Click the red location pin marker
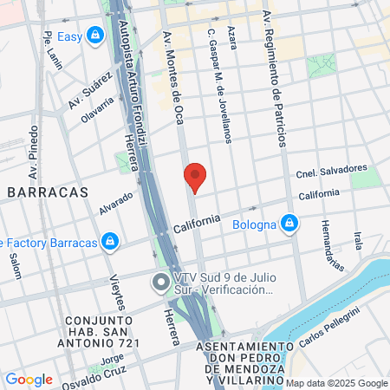click(x=195, y=177)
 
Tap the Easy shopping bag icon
click(x=94, y=36)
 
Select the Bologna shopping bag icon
click(x=290, y=225)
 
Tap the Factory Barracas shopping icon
click(x=109, y=242)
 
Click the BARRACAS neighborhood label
click(x=47, y=192)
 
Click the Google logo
click(x=29, y=380)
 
